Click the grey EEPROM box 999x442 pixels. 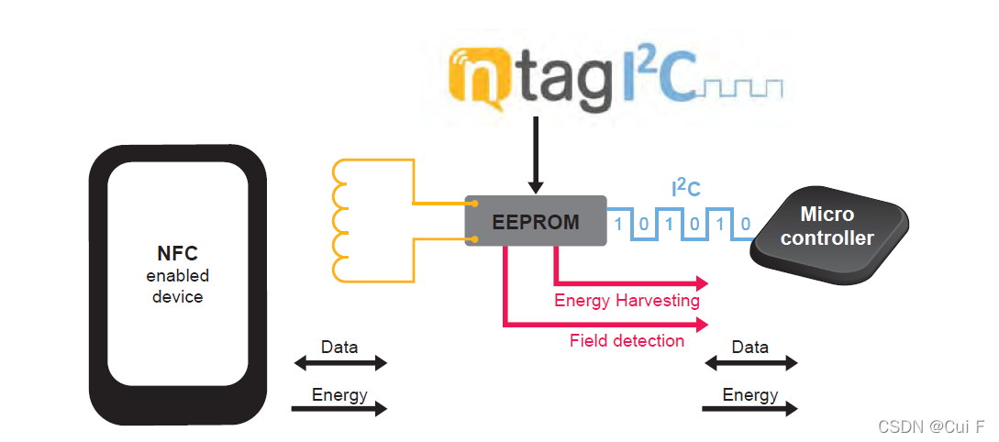[536, 221]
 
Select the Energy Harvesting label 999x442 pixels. [627, 301]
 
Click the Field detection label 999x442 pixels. [627, 341]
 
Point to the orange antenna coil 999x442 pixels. [343, 220]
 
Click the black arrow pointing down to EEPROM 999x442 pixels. [536, 165]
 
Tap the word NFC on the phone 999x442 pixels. [177, 254]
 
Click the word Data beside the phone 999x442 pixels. [339, 348]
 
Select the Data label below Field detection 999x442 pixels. [749, 348]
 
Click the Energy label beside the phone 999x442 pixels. [339, 395]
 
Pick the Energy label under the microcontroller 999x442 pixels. [749, 395]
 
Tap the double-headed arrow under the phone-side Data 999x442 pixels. [339, 363]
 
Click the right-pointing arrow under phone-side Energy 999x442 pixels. [339, 409]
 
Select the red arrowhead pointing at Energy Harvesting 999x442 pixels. [702, 282]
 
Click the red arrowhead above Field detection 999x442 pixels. [702, 324]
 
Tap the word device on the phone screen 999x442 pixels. [177, 297]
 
